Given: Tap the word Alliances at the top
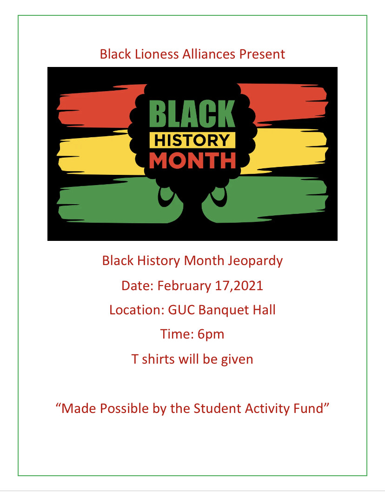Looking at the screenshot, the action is pos(209,54).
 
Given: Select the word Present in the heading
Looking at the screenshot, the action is pos(262,54).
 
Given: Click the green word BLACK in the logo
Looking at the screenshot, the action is pos(192,113).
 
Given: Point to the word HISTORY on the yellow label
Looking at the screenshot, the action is pos(192,140).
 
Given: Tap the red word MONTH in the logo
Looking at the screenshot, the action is pos(192,160).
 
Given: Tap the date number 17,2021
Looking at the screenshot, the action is pos(239,286).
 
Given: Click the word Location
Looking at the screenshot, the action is pos(137,310).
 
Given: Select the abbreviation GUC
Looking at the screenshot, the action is pos(181,310).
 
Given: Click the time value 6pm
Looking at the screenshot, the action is pos(211,334).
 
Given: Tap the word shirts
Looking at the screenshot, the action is pos(158,359).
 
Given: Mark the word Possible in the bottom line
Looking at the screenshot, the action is pos(124,409).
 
